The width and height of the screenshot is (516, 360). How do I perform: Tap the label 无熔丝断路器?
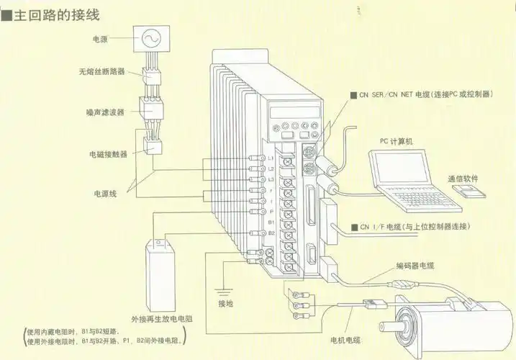pyautogui.click(x=101, y=73)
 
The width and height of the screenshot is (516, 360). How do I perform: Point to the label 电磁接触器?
pyautogui.click(x=106, y=153)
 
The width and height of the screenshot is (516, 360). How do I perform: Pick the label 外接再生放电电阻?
pyautogui.click(x=166, y=318)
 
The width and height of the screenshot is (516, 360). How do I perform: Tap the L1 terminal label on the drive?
pyautogui.click(x=271, y=157)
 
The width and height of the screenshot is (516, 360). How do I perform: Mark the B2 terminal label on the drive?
pyautogui.click(x=271, y=233)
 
